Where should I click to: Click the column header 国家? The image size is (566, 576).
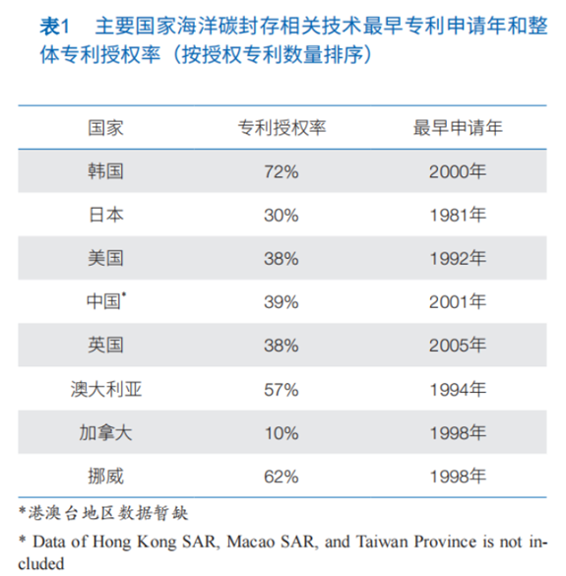(x=105, y=128)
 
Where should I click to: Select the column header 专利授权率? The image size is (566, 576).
(x=282, y=128)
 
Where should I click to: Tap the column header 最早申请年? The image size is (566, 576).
(x=458, y=128)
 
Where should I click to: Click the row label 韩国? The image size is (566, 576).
(x=105, y=171)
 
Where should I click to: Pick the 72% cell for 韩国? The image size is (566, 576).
(x=282, y=172)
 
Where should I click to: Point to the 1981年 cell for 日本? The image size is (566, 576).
(x=458, y=215)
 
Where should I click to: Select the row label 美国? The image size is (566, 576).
(x=105, y=258)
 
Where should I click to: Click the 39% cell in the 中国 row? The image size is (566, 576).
(x=282, y=302)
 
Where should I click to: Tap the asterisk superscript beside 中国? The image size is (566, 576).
(x=124, y=293)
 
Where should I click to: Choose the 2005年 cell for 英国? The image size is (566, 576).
(x=458, y=345)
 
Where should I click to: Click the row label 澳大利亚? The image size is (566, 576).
(x=106, y=389)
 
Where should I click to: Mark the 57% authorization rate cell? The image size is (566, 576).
(x=282, y=390)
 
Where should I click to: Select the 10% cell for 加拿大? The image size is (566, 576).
(x=282, y=433)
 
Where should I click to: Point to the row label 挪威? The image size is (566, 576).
(x=105, y=477)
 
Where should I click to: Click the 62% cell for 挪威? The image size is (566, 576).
(x=282, y=477)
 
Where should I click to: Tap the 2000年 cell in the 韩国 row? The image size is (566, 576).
(x=458, y=171)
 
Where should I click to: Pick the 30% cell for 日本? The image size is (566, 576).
(x=282, y=216)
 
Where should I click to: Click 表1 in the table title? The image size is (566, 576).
(x=54, y=27)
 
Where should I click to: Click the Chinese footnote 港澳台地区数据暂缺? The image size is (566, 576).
(x=108, y=513)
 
